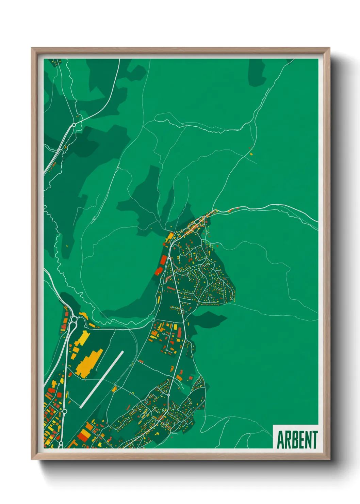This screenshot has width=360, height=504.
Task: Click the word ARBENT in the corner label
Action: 297,440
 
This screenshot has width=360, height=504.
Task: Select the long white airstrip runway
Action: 102,379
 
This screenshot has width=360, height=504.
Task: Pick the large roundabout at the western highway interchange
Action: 74,320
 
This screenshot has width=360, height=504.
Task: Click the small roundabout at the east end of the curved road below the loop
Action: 153,320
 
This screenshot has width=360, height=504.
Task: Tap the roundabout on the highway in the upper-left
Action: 73,125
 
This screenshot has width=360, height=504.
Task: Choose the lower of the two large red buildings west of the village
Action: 159,271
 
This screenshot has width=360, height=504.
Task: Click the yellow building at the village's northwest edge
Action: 169,237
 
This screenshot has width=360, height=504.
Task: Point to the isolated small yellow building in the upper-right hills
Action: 251,154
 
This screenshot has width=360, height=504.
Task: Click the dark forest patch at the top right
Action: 257,73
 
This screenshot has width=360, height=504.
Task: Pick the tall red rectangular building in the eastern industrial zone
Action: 180,331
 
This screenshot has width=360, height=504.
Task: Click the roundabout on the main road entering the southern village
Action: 168,395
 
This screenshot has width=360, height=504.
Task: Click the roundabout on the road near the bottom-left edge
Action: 65,411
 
